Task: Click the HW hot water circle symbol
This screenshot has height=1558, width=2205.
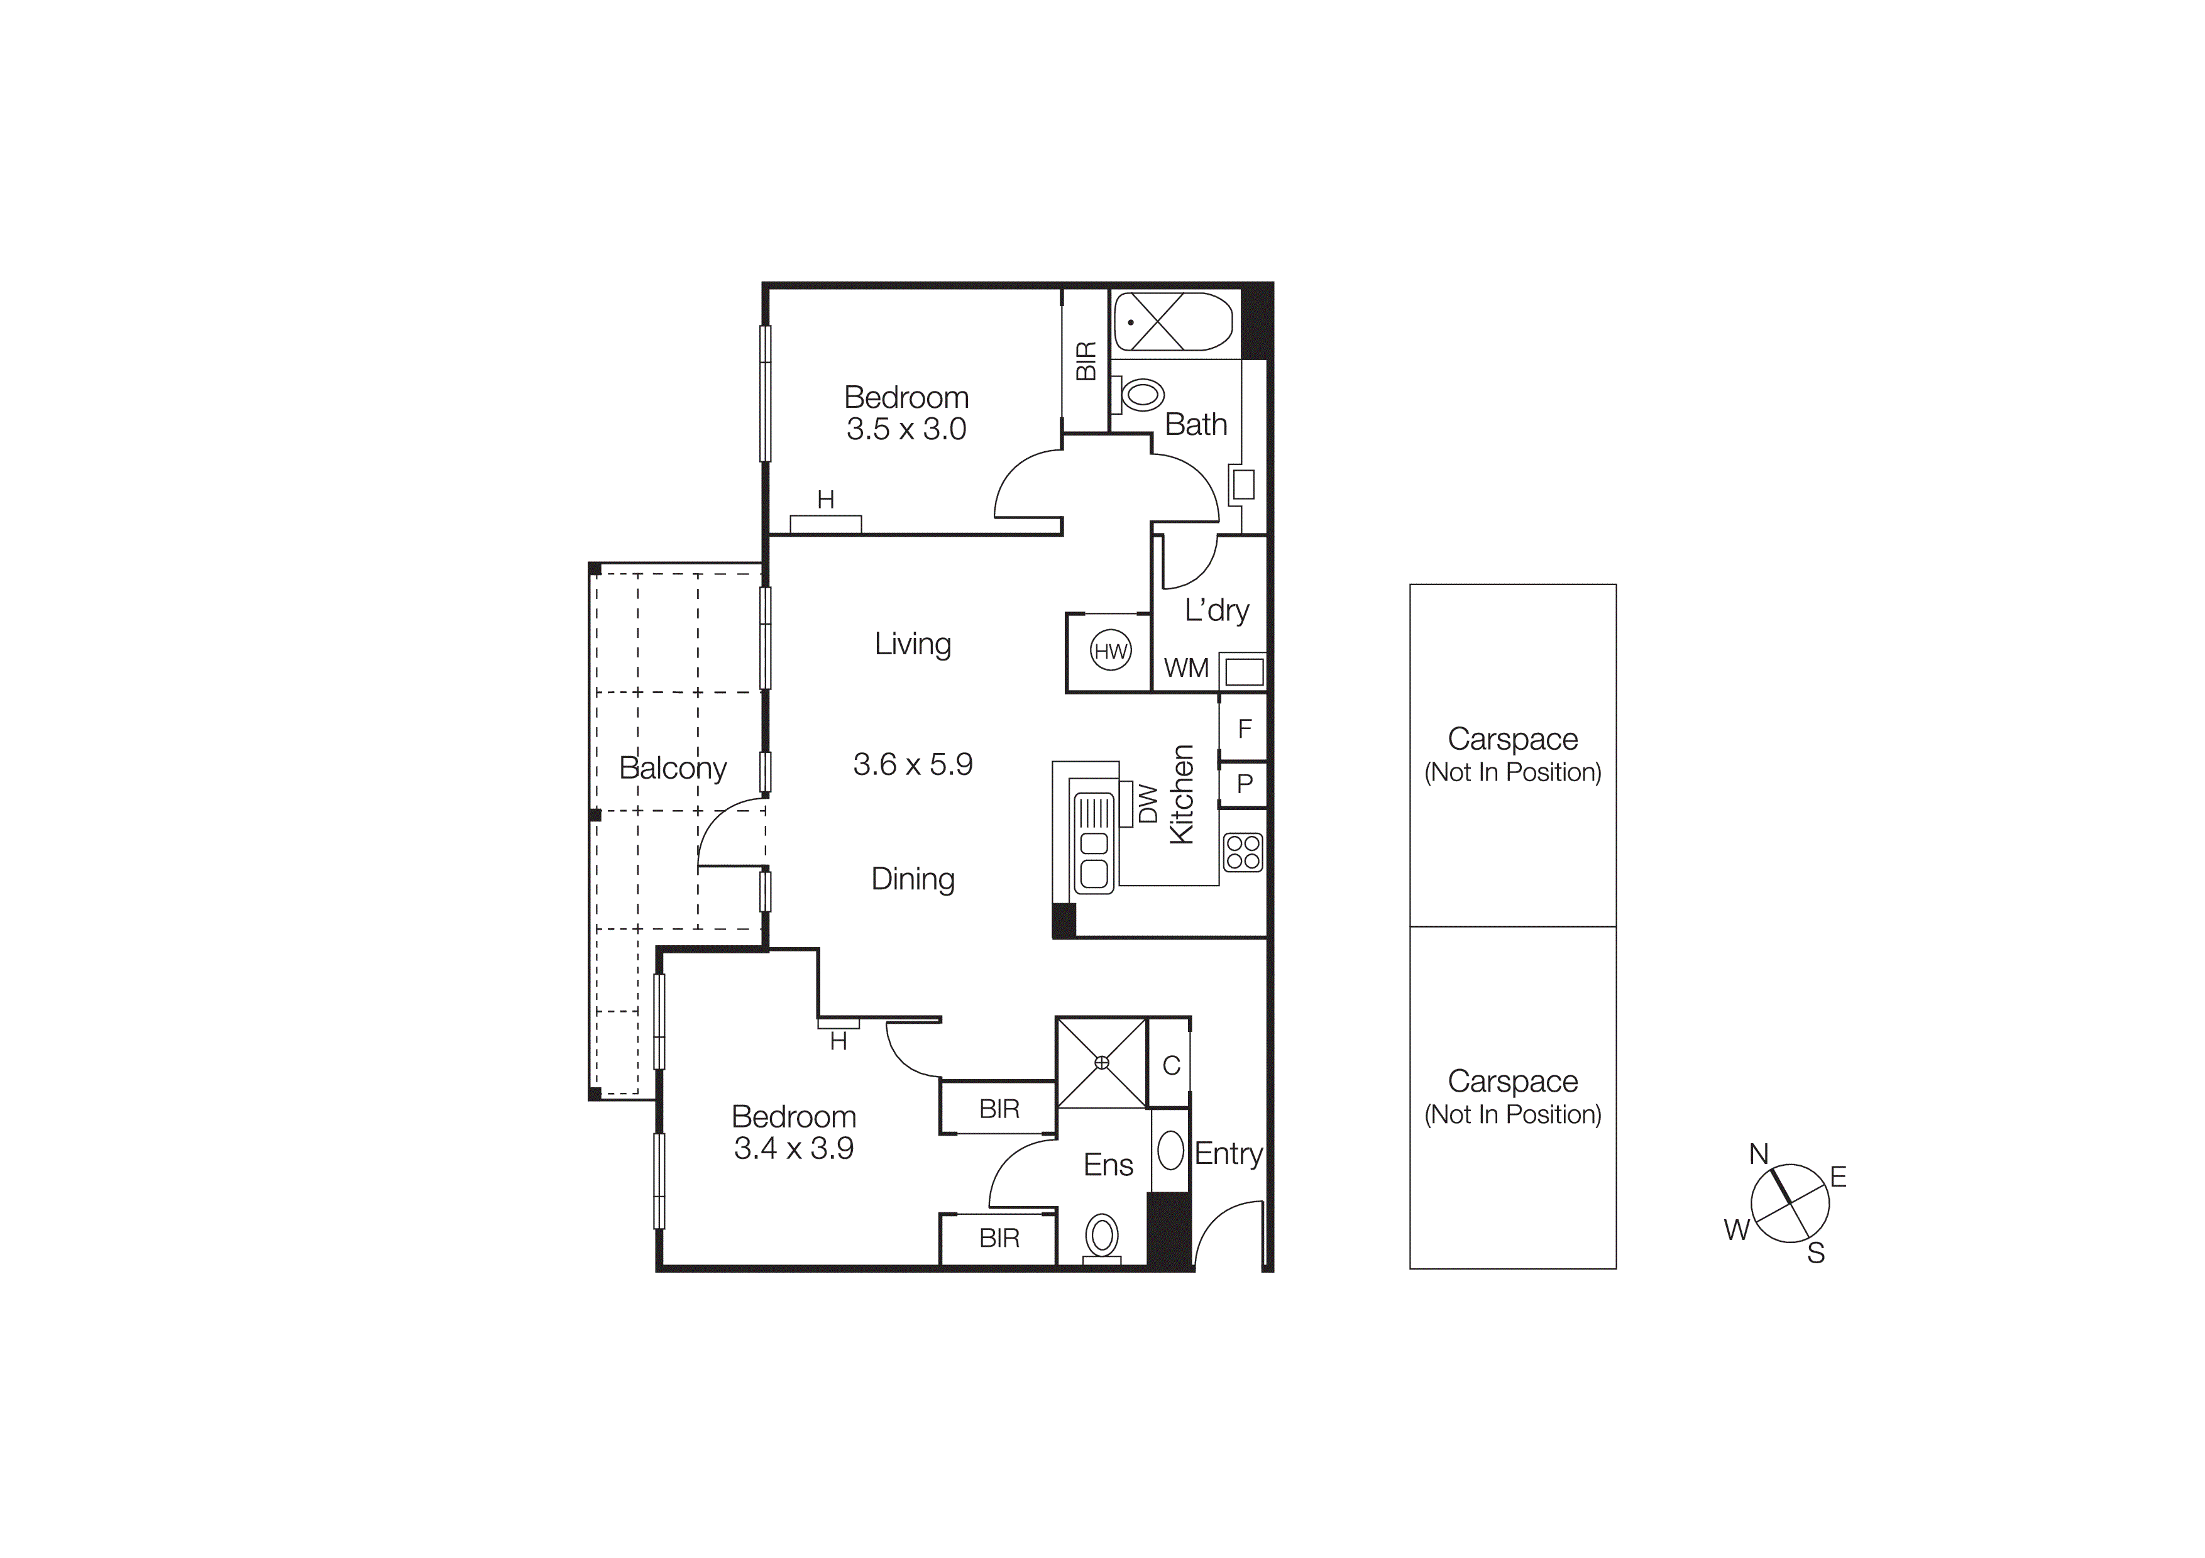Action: click(1110, 652)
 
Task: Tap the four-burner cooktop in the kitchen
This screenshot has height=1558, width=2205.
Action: click(1243, 852)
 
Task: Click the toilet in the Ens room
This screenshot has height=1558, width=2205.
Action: click(1102, 1236)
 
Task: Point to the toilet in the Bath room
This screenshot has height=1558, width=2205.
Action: click(1141, 395)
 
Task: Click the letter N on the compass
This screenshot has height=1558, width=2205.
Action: click(1759, 1154)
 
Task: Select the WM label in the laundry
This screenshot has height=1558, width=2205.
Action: click(1186, 668)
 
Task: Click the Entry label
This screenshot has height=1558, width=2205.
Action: click(1228, 1154)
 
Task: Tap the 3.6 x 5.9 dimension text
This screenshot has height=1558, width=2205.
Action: click(912, 764)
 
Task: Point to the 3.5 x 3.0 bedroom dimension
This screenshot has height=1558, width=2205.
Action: click(906, 429)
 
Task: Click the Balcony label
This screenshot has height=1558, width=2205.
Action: click(673, 768)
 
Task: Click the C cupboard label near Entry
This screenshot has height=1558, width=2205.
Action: click(1170, 1065)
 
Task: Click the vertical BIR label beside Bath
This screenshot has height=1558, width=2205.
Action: click(1085, 361)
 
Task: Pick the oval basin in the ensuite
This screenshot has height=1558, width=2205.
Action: click(1170, 1150)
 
